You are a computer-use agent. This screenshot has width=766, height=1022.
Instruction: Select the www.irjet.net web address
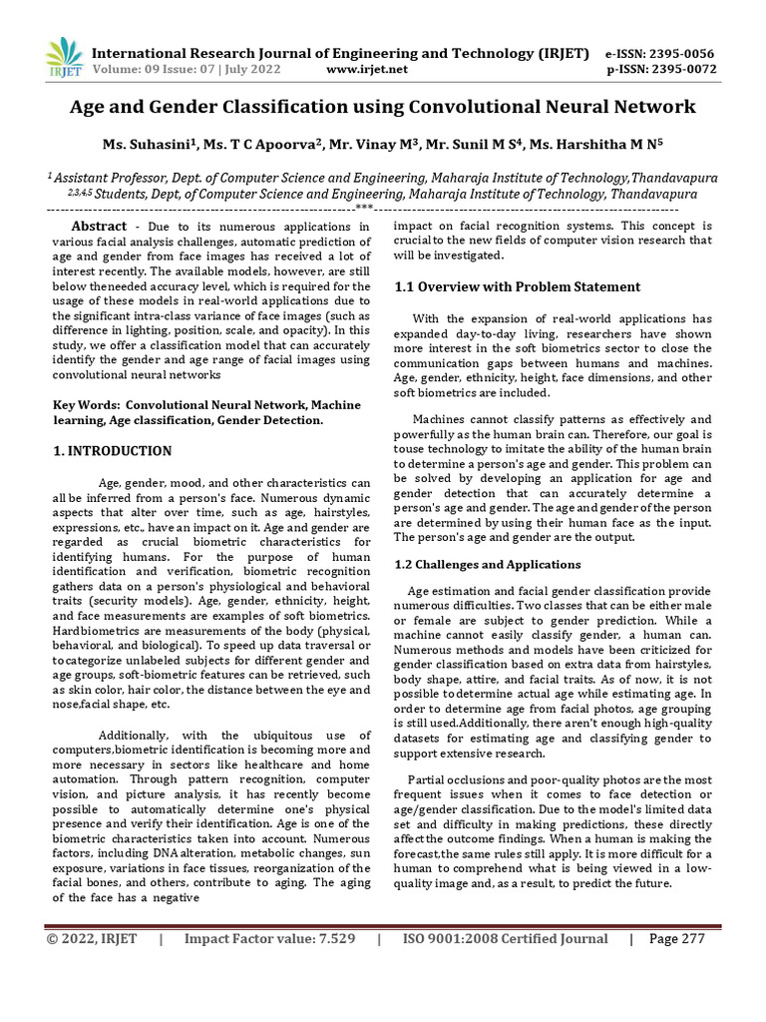click(x=367, y=69)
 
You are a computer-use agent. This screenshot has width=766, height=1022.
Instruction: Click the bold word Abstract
click(x=92, y=227)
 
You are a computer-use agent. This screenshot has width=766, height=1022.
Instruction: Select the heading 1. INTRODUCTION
click(x=112, y=451)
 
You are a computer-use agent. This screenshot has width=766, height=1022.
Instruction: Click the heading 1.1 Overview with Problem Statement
click(x=518, y=286)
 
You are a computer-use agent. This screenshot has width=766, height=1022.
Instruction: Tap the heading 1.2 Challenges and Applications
click(x=488, y=564)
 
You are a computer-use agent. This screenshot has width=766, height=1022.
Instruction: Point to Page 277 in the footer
click(x=677, y=939)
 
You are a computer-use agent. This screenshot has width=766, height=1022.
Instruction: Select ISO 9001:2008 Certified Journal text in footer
click(x=505, y=939)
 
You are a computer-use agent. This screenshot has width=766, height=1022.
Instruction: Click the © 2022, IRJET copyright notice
click(x=91, y=939)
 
